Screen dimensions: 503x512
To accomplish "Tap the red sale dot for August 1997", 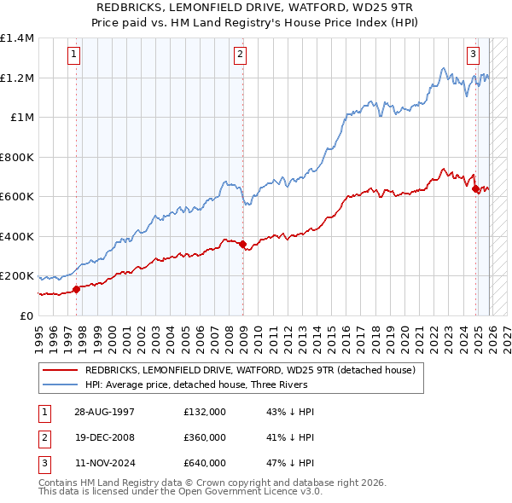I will tap(77, 289).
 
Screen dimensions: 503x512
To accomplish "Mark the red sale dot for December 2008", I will tap(243, 245).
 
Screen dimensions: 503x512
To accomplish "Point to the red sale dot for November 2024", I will tap(475, 189).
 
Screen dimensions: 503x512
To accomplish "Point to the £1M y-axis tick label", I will tap(22, 118).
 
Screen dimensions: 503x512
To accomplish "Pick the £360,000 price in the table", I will tap(204, 437).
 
